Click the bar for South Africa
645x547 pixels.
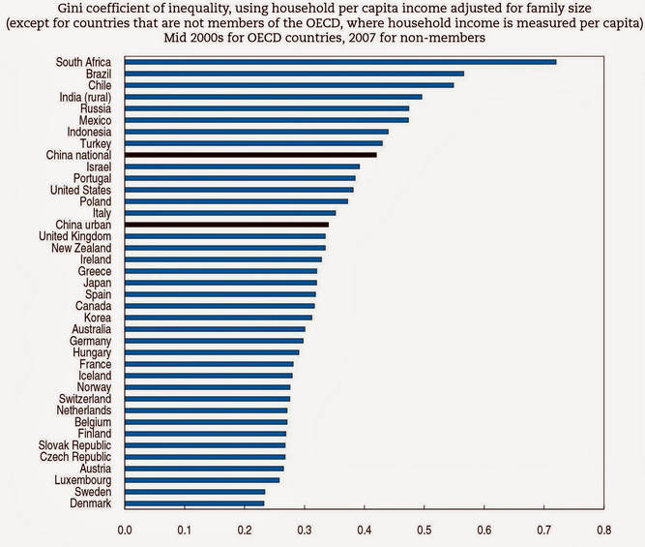340,62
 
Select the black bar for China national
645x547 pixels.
250,155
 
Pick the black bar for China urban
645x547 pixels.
226,225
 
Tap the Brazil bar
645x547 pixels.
294,74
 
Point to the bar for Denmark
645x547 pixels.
194,503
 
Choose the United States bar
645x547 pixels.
239,190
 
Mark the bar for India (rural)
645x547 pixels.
273,97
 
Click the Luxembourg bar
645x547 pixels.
202,480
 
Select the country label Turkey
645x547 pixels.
96,143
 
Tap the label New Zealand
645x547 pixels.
81,248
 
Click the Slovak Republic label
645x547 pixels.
74,445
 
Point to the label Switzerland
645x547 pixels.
85,399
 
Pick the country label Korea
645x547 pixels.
98,318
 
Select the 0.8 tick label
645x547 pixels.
603,530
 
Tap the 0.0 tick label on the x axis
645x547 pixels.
125,530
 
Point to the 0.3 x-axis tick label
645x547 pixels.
305,530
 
